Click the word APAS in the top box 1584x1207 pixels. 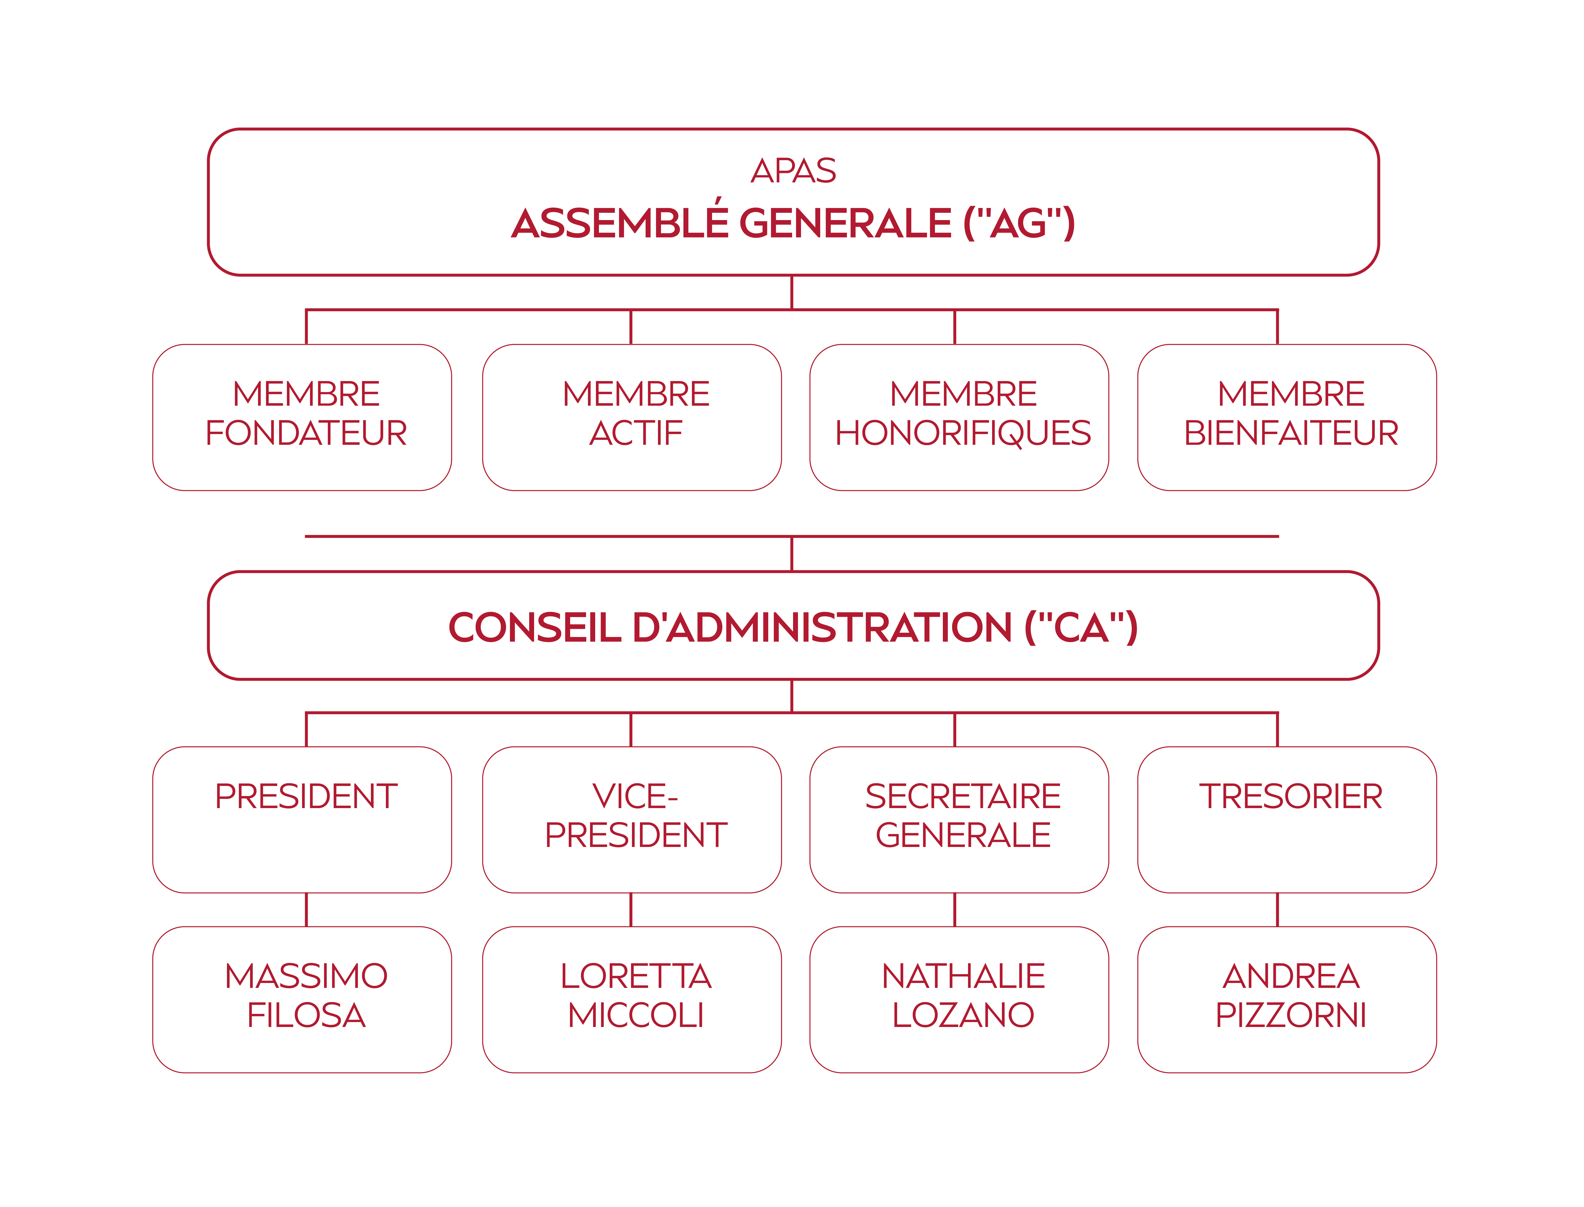pyautogui.click(x=793, y=171)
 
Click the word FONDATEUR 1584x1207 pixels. pyautogui.click(x=306, y=433)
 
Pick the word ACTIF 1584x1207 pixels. pyautogui.click(x=635, y=433)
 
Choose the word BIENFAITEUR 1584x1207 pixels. pyautogui.click(x=1291, y=433)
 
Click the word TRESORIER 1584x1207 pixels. pyautogui.click(x=1291, y=796)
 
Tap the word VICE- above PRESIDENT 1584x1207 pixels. pyautogui.click(x=635, y=796)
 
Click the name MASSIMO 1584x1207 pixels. pyautogui.click(x=306, y=976)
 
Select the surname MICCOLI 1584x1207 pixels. pyautogui.click(x=635, y=1015)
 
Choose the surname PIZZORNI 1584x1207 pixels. pyautogui.click(x=1291, y=1015)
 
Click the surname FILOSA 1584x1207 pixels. pyautogui.click(x=306, y=1015)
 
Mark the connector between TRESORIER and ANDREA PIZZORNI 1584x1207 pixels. pyautogui.click(x=1277, y=909)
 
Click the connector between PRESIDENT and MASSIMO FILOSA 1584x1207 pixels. pyautogui.click(x=306, y=909)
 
